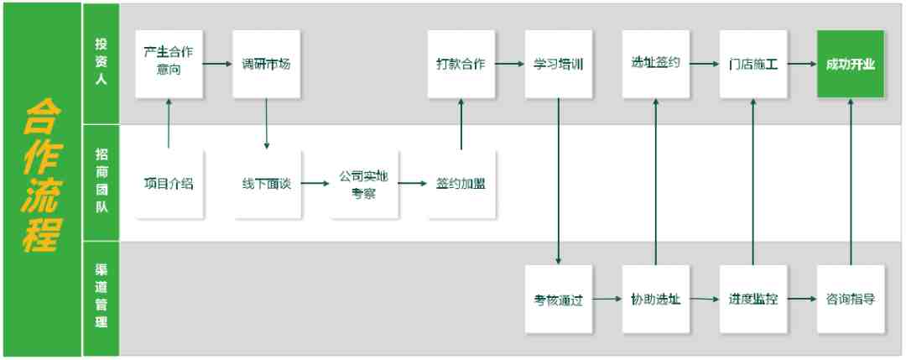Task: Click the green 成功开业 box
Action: (850, 64)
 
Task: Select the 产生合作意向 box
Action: (169, 64)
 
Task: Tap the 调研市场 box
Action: (267, 64)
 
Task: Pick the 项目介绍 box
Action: (169, 185)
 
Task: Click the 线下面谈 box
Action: (267, 185)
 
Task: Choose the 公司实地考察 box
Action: (364, 185)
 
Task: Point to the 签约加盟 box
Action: (461, 185)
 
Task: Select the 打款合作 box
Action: (461, 64)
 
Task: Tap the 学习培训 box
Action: (559, 64)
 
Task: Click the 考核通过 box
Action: (559, 299)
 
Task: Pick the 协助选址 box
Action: (656, 299)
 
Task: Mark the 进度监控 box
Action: (753, 299)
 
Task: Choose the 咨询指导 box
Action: (851, 299)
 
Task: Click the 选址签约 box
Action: (656, 64)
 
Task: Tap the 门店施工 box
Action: (753, 64)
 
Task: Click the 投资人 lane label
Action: (102, 62)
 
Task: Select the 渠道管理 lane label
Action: (102, 295)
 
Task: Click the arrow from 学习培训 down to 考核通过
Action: (559, 181)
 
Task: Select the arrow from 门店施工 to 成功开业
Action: (802, 64)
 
